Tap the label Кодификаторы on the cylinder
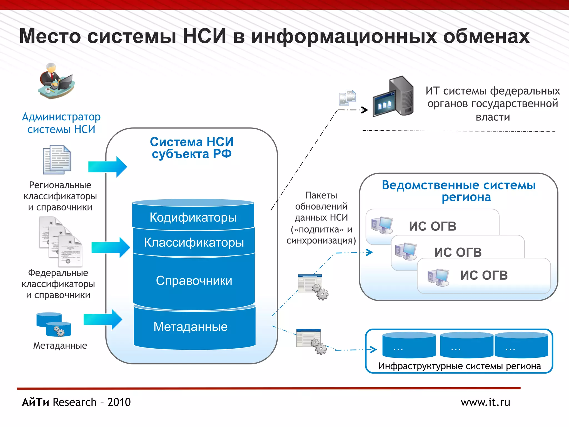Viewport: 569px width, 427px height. (x=193, y=217)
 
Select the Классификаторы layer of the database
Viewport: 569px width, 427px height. (x=194, y=242)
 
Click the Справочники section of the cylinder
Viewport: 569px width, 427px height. (x=194, y=281)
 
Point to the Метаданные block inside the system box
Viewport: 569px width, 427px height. (x=191, y=327)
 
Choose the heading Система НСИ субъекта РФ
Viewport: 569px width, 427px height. (x=192, y=148)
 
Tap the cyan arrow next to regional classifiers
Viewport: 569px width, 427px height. (x=108, y=167)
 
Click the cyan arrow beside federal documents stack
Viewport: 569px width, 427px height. (x=111, y=247)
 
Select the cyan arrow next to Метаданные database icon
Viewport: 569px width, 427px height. (x=103, y=319)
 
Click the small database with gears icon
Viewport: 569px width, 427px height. (x=54, y=325)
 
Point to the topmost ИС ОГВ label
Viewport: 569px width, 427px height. (x=433, y=226)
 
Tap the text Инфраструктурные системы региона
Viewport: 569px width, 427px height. (x=460, y=366)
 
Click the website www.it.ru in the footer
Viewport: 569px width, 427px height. (x=485, y=402)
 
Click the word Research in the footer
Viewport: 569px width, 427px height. (x=74, y=402)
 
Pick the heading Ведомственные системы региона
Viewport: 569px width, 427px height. (x=459, y=191)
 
